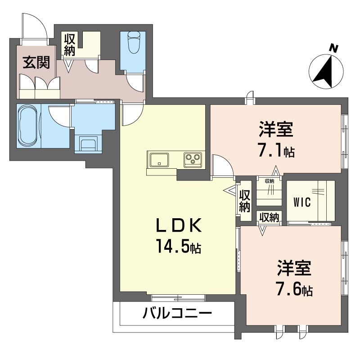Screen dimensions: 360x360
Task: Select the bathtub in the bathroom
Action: tap(29, 126)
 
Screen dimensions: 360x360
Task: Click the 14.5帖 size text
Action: tap(177, 246)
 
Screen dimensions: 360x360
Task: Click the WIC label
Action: tap(302, 202)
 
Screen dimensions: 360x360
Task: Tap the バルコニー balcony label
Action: tap(177, 313)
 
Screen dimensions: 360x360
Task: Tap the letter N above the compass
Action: tap(333, 47)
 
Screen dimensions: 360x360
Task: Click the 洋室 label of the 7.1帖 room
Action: tap(276, 130)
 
